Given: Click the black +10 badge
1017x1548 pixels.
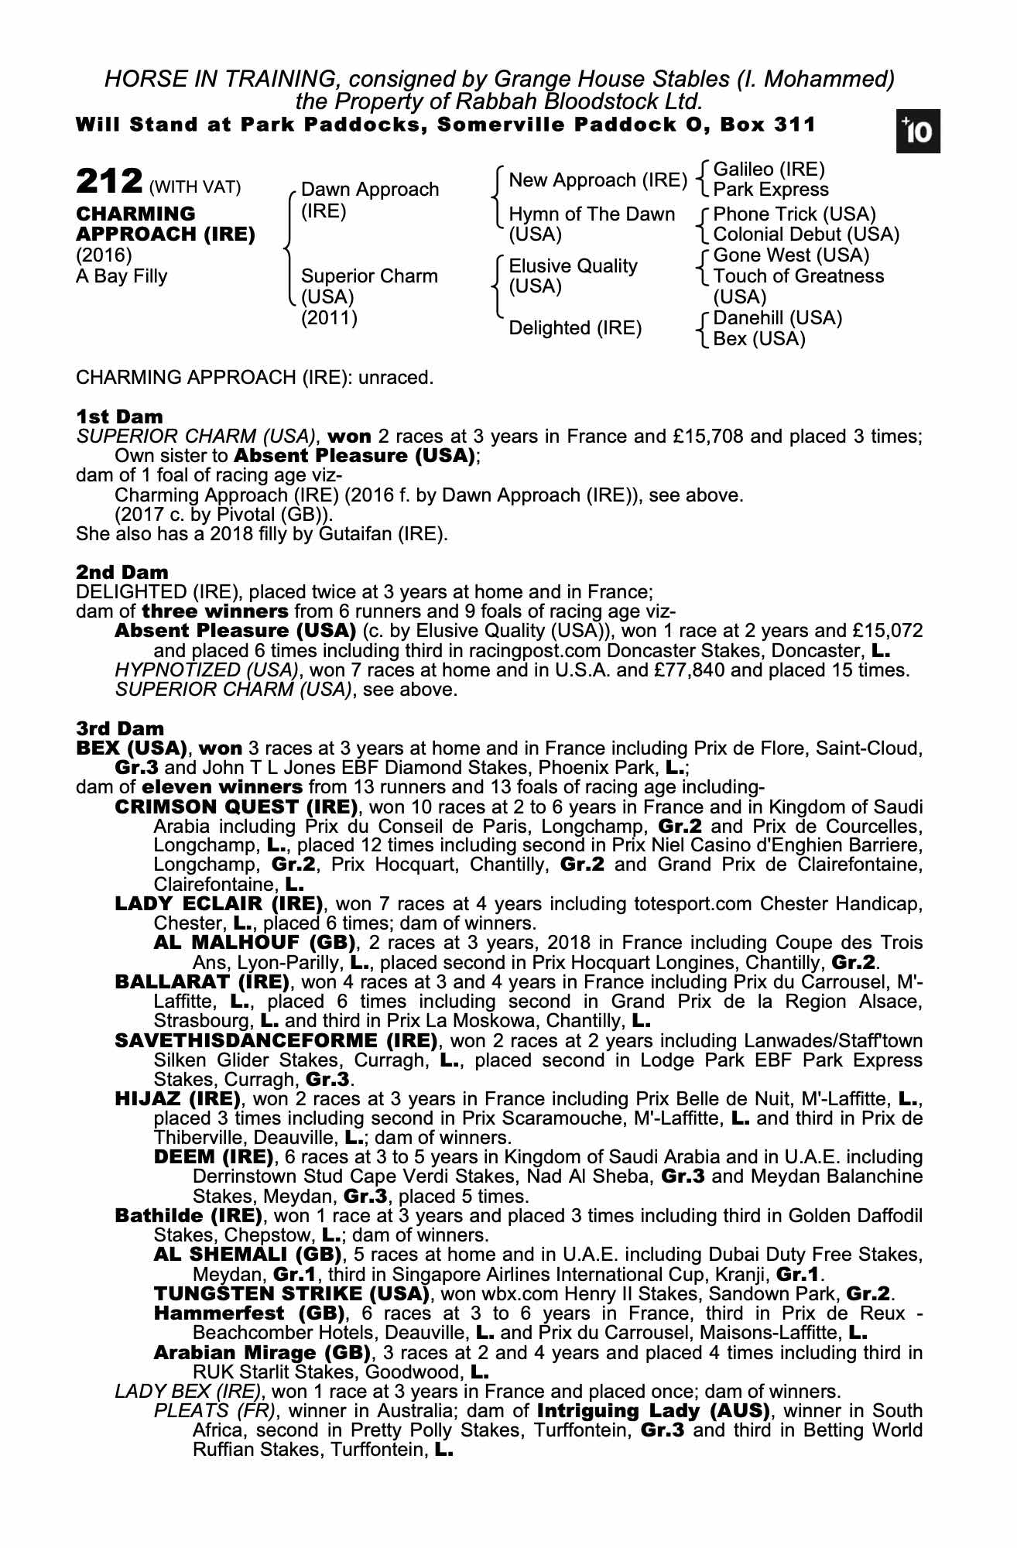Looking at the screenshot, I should [919, 133].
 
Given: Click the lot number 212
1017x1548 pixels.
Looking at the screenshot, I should [108, 183].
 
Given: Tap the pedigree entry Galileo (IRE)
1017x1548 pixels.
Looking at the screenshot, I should [769, 170].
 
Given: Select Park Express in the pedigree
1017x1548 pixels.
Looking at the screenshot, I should [770, 190].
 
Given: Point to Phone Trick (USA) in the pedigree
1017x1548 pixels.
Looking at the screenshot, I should [794, 214].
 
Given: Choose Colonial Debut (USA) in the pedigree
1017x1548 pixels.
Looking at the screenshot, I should [806, 234].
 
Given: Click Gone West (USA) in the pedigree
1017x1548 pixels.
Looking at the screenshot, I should [791, 255].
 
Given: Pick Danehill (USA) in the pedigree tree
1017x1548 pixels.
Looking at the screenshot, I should [777, 318].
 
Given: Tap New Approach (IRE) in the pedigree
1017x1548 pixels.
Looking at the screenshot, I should [598, 180].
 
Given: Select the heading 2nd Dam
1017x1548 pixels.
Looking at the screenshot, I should [122, 573].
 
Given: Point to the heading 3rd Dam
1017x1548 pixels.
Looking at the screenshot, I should [120, 728].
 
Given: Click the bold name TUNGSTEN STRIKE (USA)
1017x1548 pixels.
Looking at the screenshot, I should [291, 1293].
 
